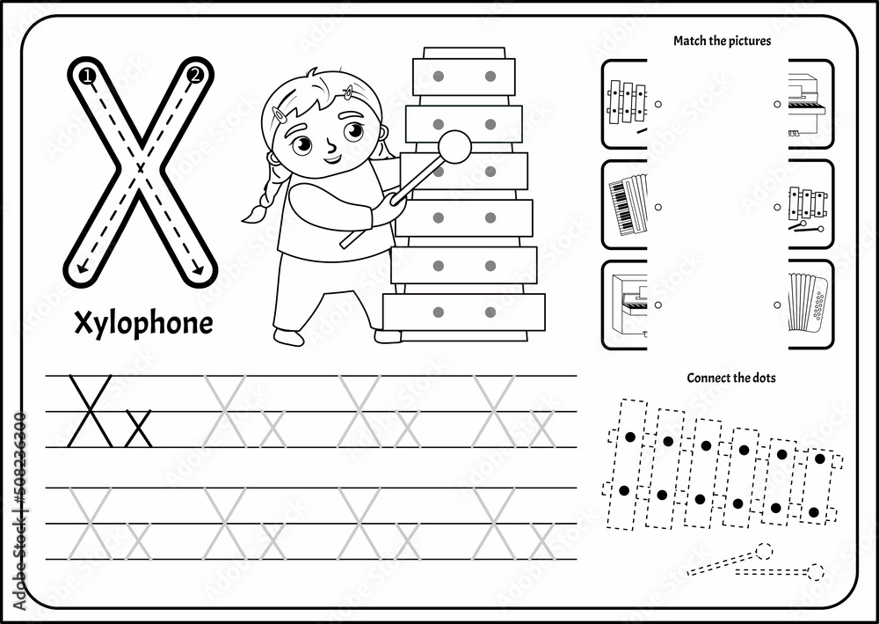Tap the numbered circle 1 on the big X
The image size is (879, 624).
pos(86,77)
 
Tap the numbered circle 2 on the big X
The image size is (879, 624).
pos(195,75)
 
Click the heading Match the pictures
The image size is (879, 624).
pos(722,40)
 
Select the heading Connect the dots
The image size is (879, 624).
pos(730,378)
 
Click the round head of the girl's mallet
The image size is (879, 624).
pos(454,146)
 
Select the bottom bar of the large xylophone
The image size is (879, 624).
pos(464,312)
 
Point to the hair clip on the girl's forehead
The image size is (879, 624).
pos(349,92)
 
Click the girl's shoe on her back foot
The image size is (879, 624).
pos(287,337)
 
